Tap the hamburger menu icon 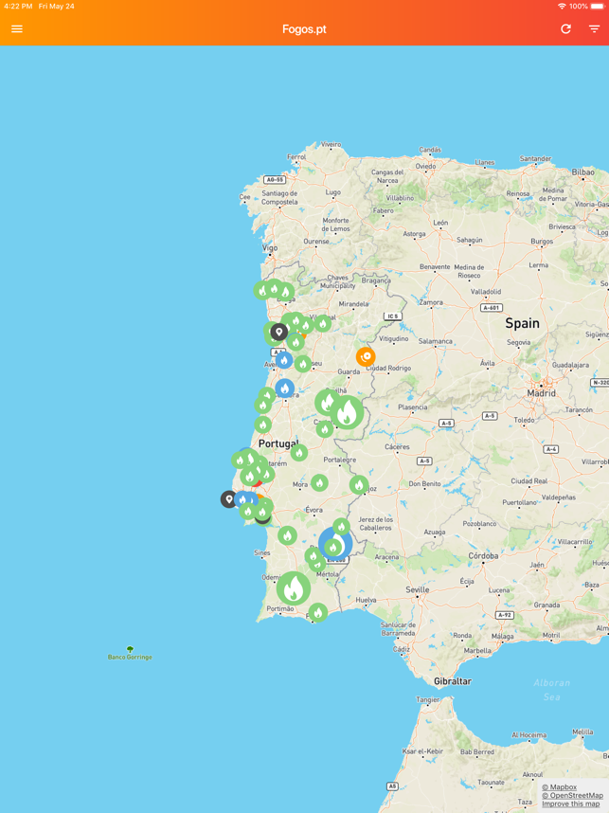pyautogui.click(x=17, y=29)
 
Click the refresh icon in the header pyautogui.click(x=565, y=29)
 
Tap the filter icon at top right pyautogui.click(x=594, y=29)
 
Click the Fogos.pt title pyautogui.click(x=304, y=29)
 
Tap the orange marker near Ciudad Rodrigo pyautogui.click(x=366, y=356)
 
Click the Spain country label pyautogui.click(x=522, y=323)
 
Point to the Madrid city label pyautogui.click(x=542, y=392)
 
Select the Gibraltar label pyautogui.click(x=452, y=681)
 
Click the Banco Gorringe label pyautogui.click(x=130, y=657)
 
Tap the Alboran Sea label pyautogui.click(x=551, y=689)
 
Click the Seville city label pyautogui.click(x=418, y=589)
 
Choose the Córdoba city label pyautogui.click(x=483, y=556)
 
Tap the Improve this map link pyautogui.click(x=570, y=804)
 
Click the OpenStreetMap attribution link pyautogui.click(x=572, y=795)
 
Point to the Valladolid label pyautogui.click(x=486, y=292)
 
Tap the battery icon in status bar pyautogui.click(x=597, y=6)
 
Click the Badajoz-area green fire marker pyautogui.click(x=358, y=485)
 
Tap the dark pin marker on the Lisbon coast pyautogui.click(x=229, y=499)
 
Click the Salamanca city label pyautogui.click(x=436, y=341)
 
